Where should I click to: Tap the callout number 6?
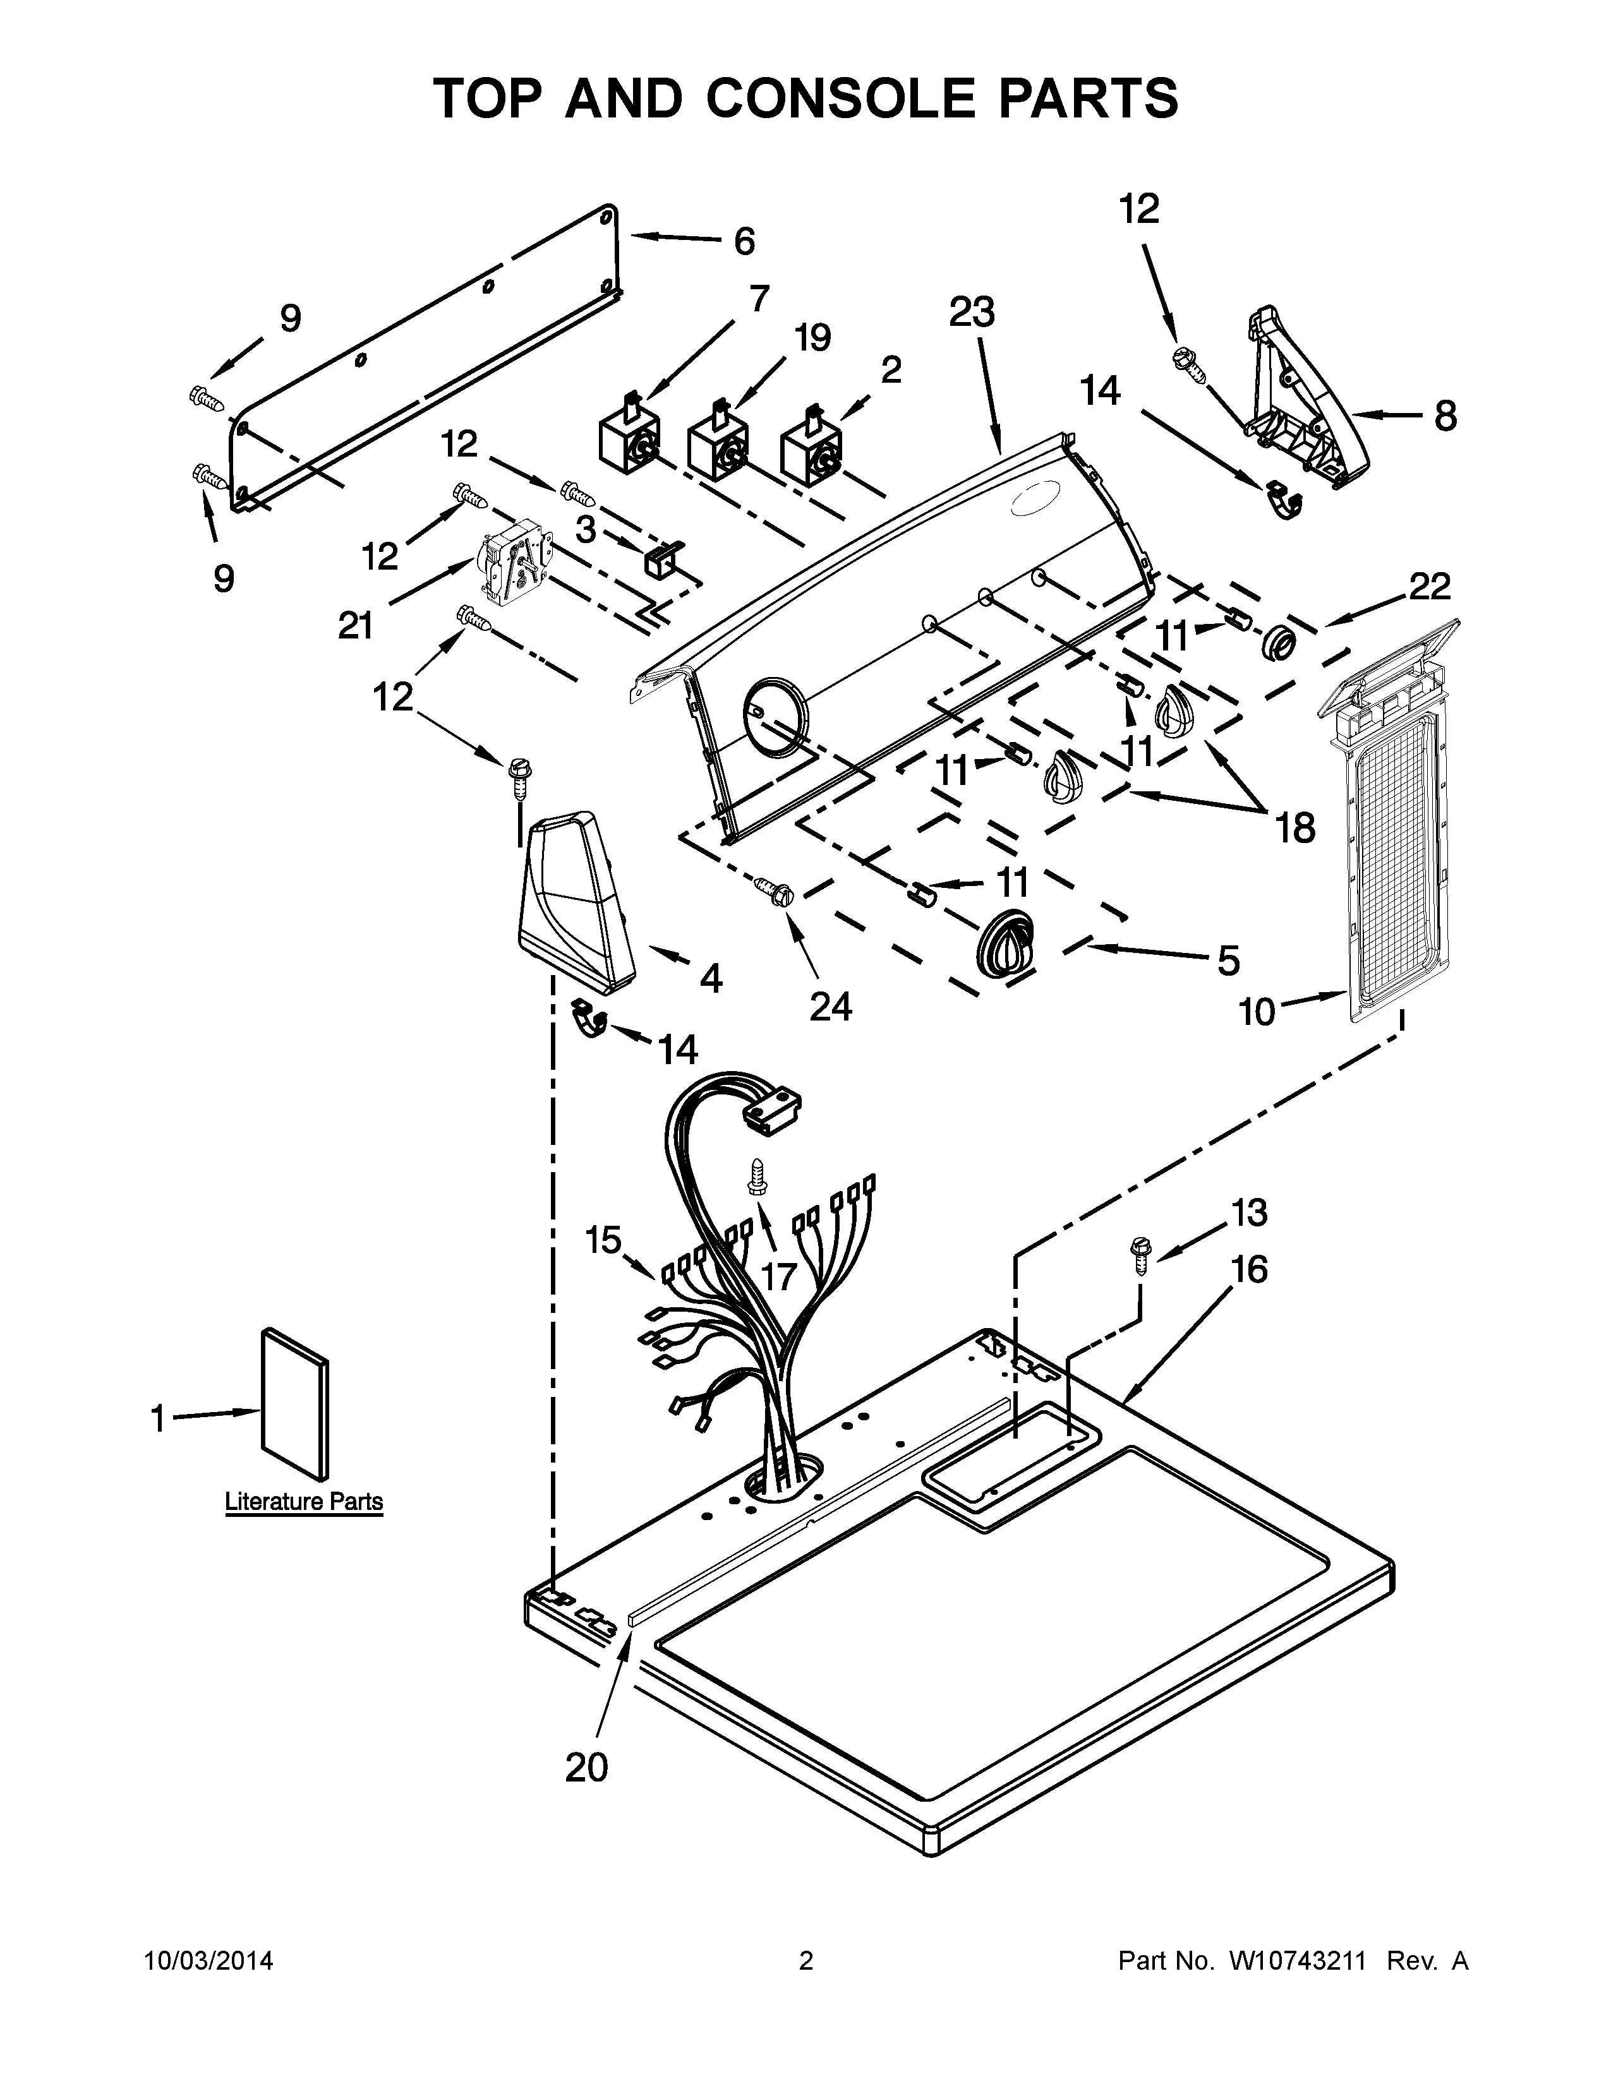(x=744, y=241)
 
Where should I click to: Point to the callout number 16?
(x=1249, y=1269)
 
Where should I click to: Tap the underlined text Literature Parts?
(x=303, y=1501)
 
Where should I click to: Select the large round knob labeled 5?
(x=1005, y=943)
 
